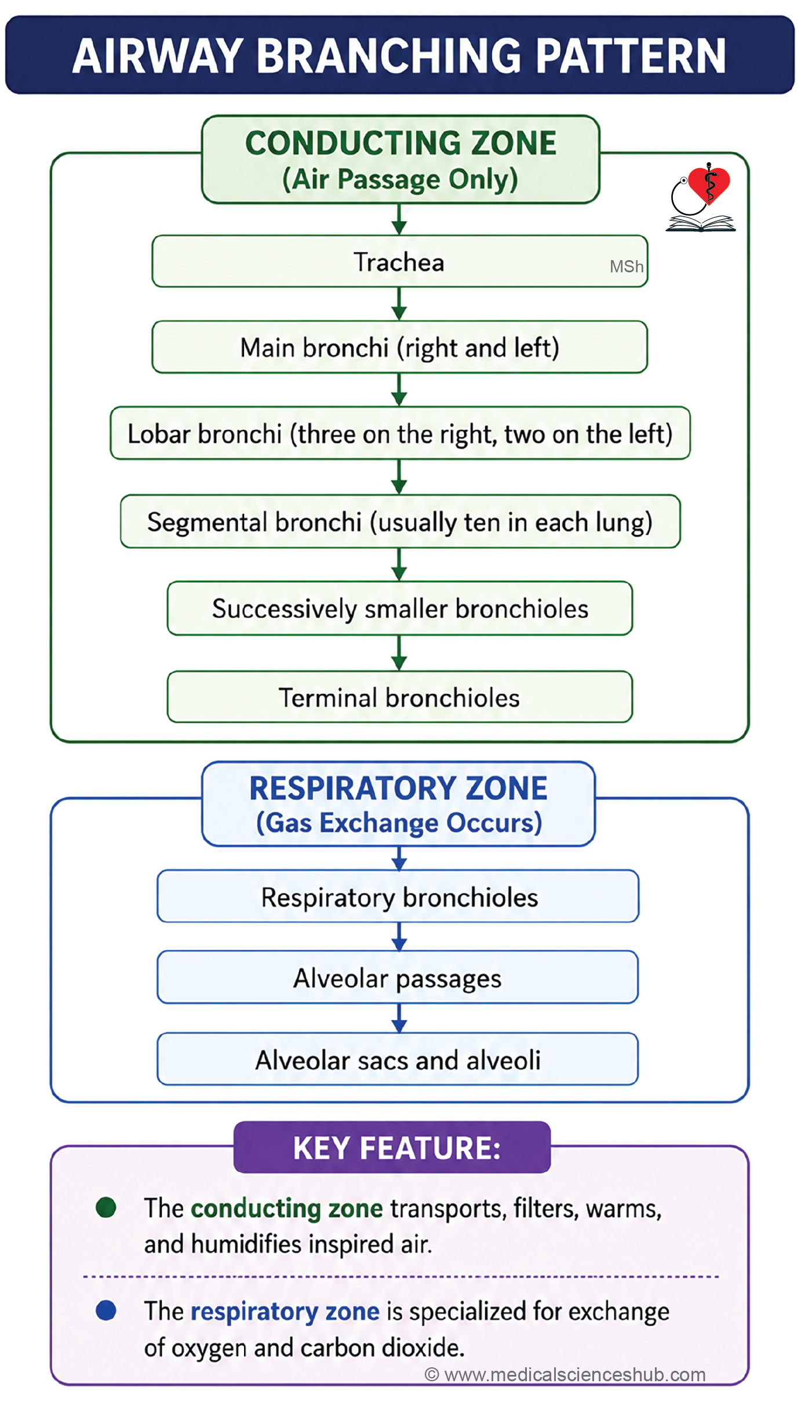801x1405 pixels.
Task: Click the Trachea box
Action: click(x=399, y=261)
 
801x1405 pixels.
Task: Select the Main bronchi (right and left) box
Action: click(x=399, y=347)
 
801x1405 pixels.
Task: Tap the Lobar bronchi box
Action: click(x=400, y=433)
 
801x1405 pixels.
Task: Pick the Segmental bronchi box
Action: click(x=400, y=521)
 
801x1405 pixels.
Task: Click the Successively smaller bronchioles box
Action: click(x=400, y=608)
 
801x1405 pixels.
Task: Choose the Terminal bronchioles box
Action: click(x=400, y=697)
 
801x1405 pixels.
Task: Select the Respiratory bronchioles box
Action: click(x=398, y=896)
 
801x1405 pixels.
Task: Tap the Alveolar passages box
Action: click(x=398, y=977)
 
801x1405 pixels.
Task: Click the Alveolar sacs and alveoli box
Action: click(x=398, y=1059)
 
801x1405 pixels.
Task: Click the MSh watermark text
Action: click(x=627, y=267)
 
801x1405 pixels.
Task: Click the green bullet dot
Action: click(x=106, y=1207)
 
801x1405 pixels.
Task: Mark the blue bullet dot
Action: click(x=106, y=1310)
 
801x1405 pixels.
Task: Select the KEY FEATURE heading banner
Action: click(x=392, y=1147)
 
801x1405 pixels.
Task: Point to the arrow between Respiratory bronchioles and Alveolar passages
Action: click(x=399, y=936)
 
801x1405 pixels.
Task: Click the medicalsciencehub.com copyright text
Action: click(x=565, y=1375)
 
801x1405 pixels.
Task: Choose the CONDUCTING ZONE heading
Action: click(x=400, y=143)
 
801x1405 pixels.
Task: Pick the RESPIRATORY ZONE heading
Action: click(x=399, y=788)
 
